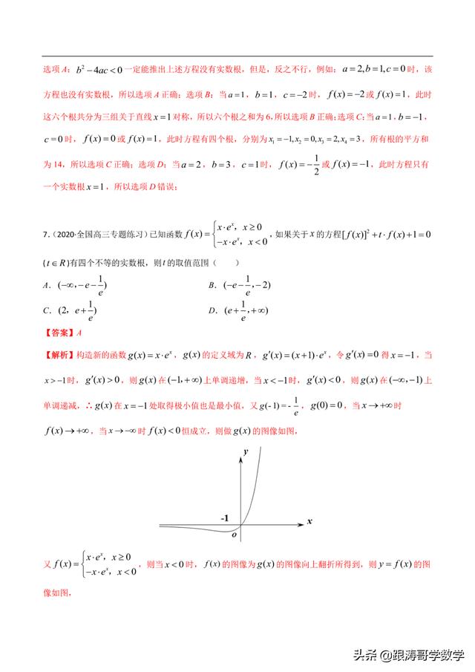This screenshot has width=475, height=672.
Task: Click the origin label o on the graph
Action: point(235,534)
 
